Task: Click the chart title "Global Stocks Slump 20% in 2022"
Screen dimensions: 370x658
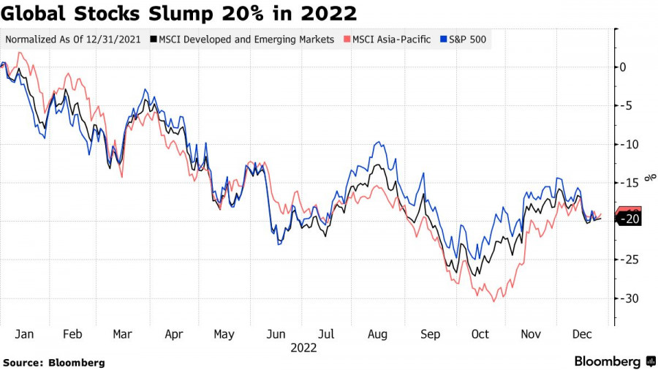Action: (179, 13)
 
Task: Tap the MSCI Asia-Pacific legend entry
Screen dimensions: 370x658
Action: (387, 39)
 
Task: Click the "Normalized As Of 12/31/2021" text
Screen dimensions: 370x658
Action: (73, 39)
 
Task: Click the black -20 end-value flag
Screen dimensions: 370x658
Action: (630, 219)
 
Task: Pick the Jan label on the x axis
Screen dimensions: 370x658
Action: (24, 334)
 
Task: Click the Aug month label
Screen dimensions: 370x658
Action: (377, 334)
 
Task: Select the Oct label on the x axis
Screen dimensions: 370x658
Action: (480, 334)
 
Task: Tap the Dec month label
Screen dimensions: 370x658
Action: (581, 334)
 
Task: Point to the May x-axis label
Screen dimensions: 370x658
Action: (224, 334)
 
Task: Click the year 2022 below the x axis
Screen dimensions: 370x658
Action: (303, 348)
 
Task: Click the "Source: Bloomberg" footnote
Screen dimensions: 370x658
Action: (54, 362)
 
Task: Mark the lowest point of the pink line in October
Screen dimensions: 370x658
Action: (494, 301)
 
